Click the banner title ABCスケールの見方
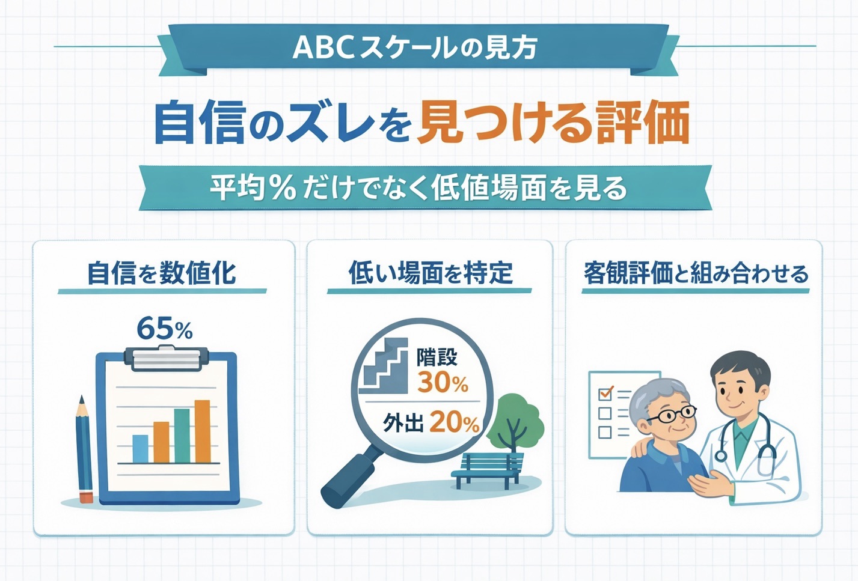click(x=415, y=48)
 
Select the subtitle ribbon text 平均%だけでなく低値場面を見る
click(x=418, y=188)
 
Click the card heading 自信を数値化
click(x=162, y=273)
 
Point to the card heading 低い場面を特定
click(x=431, y=273)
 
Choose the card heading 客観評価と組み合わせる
click(x=696, y=273)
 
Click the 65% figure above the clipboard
click(x=164, y=329)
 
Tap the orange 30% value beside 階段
click(x=443, y=383)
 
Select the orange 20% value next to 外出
click(x=454, y=422)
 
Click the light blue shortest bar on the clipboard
click(x=140, y=449)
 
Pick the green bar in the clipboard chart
click(x=182, y=436)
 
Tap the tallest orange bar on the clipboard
click(x=203, y=431)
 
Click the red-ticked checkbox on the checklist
click(x=605, y=394)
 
